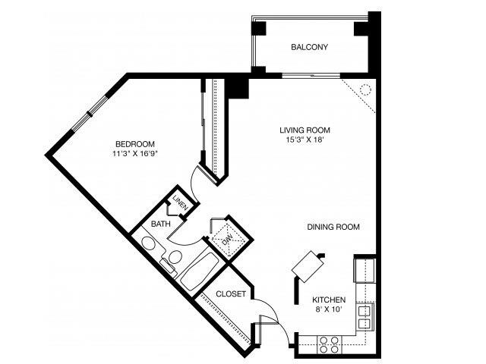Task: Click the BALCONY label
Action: coord(309,47)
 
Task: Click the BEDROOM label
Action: coord(135,144)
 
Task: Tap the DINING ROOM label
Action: coord(333,227)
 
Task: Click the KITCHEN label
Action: coord(328,300)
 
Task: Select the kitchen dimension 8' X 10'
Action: coord(328,310)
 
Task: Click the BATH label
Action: coord(160,224)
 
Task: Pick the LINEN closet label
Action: coord(179,203)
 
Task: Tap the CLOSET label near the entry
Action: coord(231,294)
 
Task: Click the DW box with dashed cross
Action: coord(226,237)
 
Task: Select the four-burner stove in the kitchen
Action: coord(329,344)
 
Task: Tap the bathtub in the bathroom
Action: coord(197,270)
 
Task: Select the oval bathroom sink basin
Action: coord(149,245)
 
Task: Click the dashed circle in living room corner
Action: coord(364,89)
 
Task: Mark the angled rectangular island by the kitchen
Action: coord(308,265)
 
